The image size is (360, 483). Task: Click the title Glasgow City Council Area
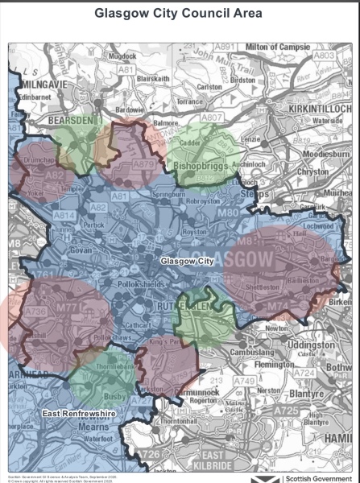pyautogui.click(x=180, y=14)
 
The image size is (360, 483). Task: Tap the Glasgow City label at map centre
pyautogui.click(x=186, y=262)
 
